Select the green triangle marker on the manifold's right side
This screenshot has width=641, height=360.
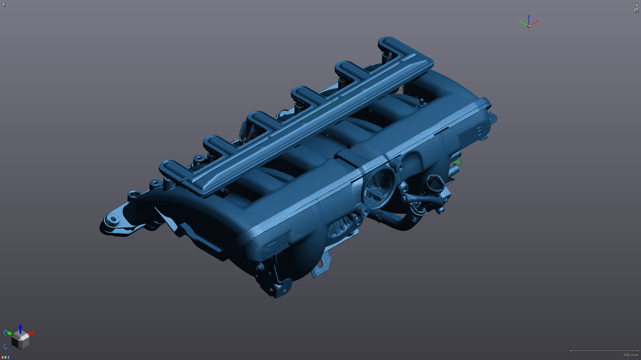tap(456, 162)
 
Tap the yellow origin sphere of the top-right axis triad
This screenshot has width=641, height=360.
tap(529, 26)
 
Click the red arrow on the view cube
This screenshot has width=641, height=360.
tap(31, 333)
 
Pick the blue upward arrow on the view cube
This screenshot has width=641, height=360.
tap(20, 328)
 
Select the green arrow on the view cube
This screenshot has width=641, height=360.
tap(9, 333)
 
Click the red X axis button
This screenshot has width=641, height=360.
tap(2, 357)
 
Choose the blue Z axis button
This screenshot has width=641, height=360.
tap(8, 357)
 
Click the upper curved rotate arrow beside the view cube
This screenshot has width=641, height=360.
tap(5, 332)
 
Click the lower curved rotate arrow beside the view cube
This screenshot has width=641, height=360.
tap(5, 347)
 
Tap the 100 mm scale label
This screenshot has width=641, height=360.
tap(630, 355)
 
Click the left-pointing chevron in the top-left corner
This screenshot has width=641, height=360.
tap(4, 4)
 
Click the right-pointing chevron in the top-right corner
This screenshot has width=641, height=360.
tap(637, 4)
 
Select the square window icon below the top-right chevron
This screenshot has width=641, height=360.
tap(637, 11)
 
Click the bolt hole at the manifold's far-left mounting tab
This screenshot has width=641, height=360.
tap(113, 219)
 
